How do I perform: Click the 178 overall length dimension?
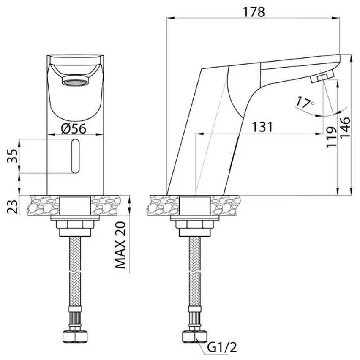pyautogui.click(x=254, y=12)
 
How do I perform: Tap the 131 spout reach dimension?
pyautogui.click(x=262, y=127)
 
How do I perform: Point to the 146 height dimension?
pyautogui.click(x=345, y=128)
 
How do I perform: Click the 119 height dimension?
pyautogui.click(x=332, y=137)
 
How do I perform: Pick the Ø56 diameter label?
pyautogui.click(x=74, y=128)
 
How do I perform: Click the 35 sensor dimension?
pyautogui.click(x=12, y=156)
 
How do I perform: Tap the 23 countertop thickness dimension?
pyautogui.click(x=12, y=207)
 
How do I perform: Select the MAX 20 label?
pyautogui.click(x=120, y=245)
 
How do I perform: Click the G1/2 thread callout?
pyautogui.click(x=222, y=347)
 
